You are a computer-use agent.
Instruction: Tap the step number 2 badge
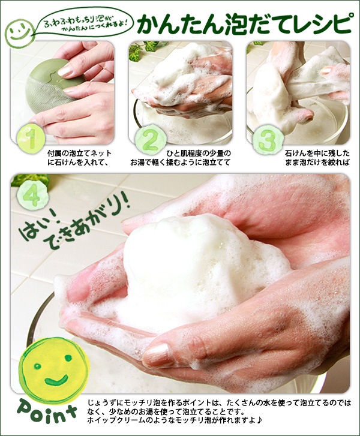(x=147, y=141)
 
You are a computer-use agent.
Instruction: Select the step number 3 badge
(x=263, y=142)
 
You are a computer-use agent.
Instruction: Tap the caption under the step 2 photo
(x=180, y=158)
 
